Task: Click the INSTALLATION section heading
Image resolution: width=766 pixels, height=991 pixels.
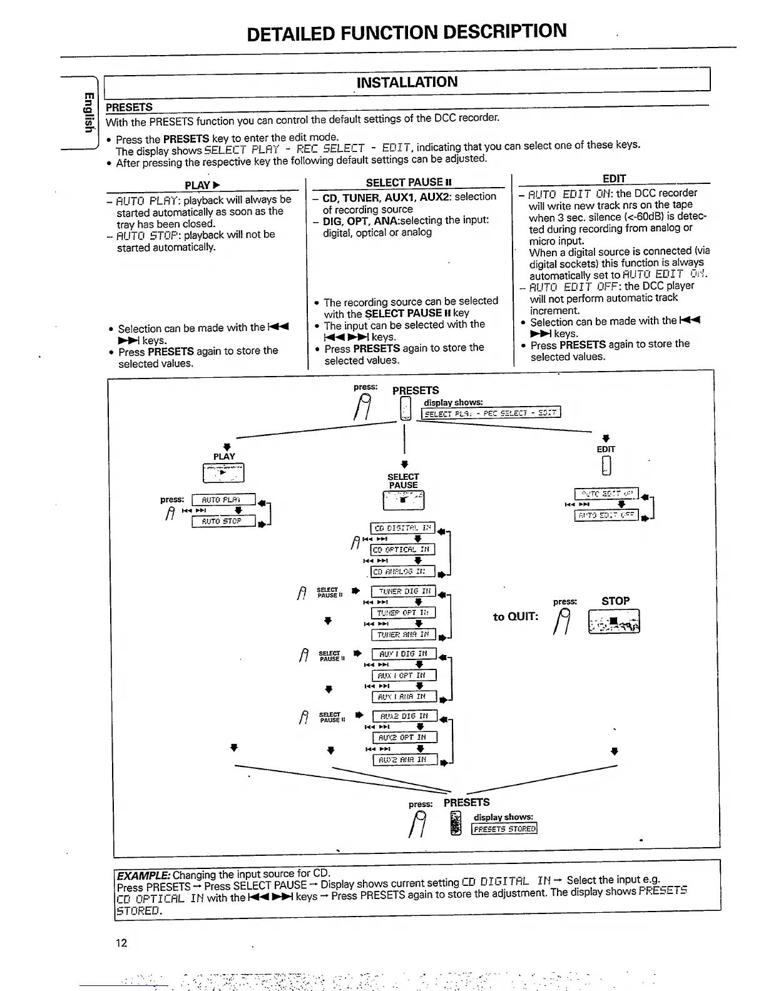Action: pos(407,82)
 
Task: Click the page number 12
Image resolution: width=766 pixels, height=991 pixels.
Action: pos(121,943)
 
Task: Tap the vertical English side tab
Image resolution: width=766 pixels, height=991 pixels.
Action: pos(89,113)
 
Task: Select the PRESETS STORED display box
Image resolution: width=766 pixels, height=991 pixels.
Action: pos(504,829)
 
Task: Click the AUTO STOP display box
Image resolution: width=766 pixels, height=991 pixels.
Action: pos(223,521)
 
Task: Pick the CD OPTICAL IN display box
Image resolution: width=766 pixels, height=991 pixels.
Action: pos(402,549)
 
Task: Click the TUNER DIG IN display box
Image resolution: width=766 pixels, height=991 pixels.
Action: pos(404,591)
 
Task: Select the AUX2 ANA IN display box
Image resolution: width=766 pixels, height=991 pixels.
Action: pos(404,760)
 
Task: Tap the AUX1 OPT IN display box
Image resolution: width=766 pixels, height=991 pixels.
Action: pos(404,676)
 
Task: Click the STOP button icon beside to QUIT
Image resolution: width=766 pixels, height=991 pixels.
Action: pos(614,622)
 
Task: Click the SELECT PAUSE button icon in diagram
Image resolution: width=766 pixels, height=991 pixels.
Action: pos(403,500)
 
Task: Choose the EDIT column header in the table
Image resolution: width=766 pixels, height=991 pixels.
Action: pos(614,178)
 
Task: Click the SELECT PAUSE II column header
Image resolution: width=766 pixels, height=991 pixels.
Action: pos(409,182)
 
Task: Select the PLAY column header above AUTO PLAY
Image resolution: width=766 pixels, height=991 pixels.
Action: pos(202,185)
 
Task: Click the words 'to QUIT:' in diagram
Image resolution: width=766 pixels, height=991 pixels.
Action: pos(515,617)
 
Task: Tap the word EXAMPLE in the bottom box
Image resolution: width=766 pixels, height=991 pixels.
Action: pos(143,875)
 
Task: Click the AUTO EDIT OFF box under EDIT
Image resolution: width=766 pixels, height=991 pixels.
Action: pos(606,516)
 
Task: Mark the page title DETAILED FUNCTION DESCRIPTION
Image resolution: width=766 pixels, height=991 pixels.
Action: pos(407,32)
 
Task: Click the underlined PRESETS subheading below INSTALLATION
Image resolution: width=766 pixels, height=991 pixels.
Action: pos(129,108)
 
